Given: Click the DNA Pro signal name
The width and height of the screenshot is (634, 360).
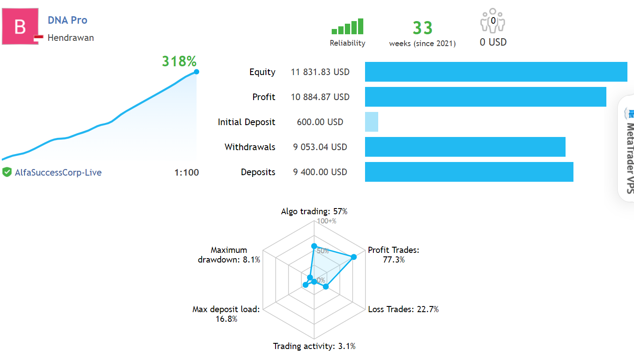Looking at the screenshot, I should [68, 20].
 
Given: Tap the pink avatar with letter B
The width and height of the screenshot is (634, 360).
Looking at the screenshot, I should [20, 27].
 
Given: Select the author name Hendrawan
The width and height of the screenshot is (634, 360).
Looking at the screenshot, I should [71, 38].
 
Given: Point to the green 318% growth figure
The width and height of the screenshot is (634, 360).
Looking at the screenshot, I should [179, 61].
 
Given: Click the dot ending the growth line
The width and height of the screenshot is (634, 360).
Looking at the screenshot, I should [196, 72].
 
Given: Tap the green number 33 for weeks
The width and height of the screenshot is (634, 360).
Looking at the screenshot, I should [423, 28].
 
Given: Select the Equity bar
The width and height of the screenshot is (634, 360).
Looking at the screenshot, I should [496, 72].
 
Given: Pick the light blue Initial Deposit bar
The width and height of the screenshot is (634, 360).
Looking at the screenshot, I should [371, 122].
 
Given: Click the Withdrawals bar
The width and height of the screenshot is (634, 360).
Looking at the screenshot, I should [465, 147].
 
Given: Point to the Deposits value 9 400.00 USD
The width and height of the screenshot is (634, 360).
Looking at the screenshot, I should [320, 172].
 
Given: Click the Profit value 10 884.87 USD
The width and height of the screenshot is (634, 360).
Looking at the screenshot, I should [320, 97].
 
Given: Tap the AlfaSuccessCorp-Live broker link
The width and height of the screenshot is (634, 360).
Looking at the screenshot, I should [58, 173].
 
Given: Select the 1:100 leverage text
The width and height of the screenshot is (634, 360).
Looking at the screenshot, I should [186, 173].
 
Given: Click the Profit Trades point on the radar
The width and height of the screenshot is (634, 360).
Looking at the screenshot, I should [354, 257].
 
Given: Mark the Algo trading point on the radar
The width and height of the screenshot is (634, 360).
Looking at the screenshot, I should [314, 246].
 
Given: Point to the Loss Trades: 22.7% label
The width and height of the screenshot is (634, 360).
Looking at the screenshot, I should [403, 309].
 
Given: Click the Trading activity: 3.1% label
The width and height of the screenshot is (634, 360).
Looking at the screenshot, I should [314, 346].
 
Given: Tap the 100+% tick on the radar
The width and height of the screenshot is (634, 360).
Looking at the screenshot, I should [327, 221].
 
